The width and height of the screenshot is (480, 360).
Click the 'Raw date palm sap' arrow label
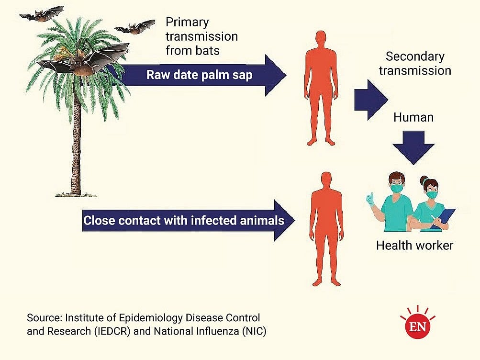(x=199, y=75)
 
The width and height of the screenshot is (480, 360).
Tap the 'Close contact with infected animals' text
(x=183, y=221)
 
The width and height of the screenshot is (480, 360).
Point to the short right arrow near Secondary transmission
(x=370, y=100)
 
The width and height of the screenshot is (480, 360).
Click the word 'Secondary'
(x=415, y=56)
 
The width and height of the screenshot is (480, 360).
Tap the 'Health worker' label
(x=414, y=246)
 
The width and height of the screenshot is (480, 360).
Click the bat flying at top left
(x=41, y=14)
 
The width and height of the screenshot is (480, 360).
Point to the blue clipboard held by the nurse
(x=443, y=218)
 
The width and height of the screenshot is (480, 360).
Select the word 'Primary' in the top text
(x=188, y=22)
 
